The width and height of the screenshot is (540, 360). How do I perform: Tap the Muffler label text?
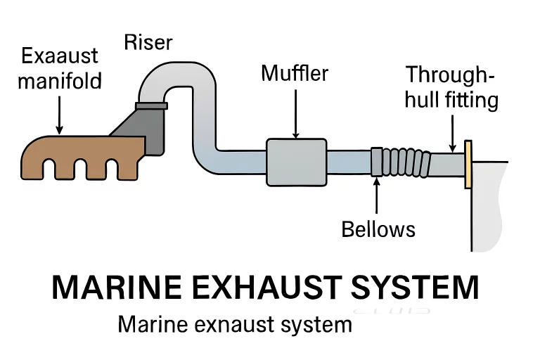(x=295, y=72)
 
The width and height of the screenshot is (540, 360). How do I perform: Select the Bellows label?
(x=378, y=229)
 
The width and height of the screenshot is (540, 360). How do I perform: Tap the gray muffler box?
(x=296, y=161)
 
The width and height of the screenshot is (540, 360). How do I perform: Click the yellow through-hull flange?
(x=468, y=165)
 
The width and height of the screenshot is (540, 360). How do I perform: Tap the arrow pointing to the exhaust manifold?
(x=59, y=114)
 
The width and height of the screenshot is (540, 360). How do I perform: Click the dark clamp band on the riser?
(x=152, y=106)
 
